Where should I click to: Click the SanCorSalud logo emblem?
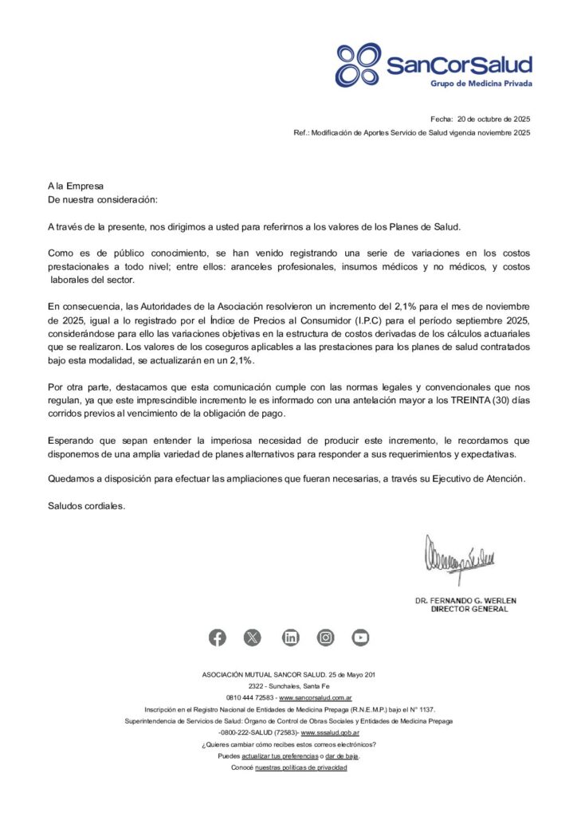(x=359, y=65)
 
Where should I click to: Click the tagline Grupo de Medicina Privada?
(x=481, y=84)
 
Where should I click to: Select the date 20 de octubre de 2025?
(x=493, y=118)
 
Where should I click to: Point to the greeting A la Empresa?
(x=76, y=186)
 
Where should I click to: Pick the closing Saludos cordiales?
(x=86, y=505)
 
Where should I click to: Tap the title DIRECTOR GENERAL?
(x=469, y=609)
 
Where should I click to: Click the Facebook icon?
(x=218, y=637)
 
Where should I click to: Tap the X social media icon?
(x=253, y=637)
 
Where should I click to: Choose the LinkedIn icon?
(x=291, y=637)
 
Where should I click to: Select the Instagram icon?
(x=326, y=637)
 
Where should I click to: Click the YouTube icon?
(x=361, y=637)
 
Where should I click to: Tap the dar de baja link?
(x=343, y=755)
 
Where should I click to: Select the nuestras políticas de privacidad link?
(x=300, y=767)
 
